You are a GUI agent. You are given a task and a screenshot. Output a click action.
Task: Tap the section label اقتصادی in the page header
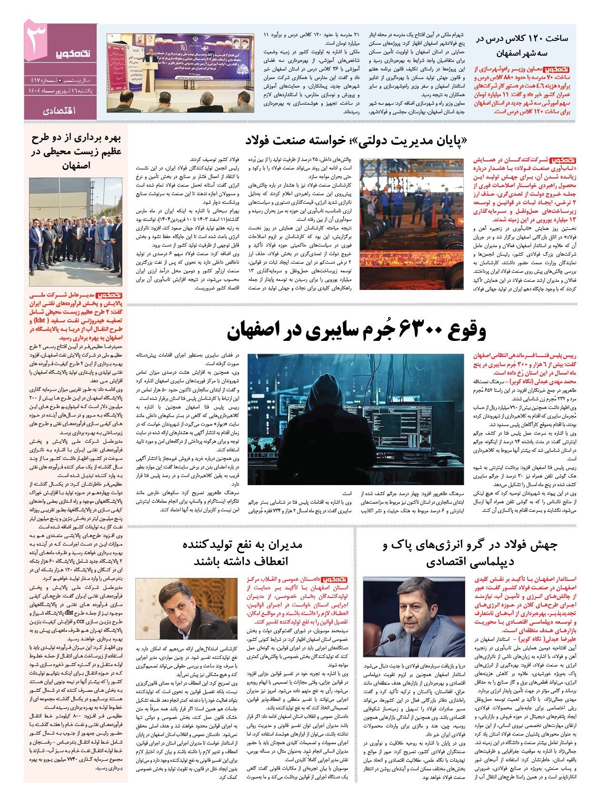(59, 111)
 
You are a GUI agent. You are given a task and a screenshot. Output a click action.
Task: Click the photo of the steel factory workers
(411, 224)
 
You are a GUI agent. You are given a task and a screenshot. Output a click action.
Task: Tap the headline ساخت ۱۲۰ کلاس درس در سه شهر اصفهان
(522, 45)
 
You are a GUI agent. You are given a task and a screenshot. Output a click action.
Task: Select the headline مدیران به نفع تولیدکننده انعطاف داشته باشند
(242, 552)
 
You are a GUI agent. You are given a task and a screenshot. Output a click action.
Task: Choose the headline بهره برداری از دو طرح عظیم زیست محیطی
(76, 151)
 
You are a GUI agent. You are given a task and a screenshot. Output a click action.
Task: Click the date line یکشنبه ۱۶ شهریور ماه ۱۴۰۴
(60, 90)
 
